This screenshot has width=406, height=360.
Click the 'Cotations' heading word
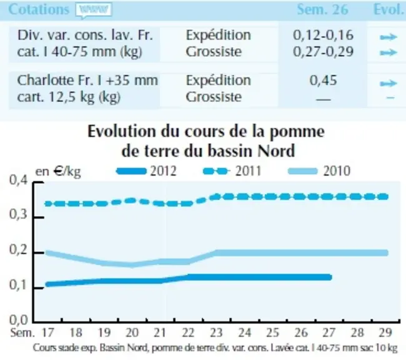[x=39, y=9]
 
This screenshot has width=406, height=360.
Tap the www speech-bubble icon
[x=94, y=11]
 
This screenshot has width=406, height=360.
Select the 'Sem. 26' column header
[x=322, y=9]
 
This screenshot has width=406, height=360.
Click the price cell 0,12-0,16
[x=323, y=35]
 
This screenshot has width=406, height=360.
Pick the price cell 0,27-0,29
[x=323, y=52]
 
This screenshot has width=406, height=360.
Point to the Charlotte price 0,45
[x=323, y=81]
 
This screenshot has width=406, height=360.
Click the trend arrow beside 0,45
[x=389, y=84]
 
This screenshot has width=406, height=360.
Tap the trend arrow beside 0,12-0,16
[x=389, y=37]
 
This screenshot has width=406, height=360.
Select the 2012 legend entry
[x=147, y=171]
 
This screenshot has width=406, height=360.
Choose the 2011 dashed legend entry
[x=232, y=171]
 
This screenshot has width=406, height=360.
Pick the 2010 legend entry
[x=319, y=171]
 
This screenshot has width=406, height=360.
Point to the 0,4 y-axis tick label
[x=18, y=180]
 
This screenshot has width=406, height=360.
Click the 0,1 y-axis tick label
[x=18, y=285]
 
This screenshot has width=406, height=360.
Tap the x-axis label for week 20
[x=132, y=332]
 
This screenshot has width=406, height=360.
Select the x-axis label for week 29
[x=385, y=332]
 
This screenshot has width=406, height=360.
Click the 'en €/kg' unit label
[x=58, y=172]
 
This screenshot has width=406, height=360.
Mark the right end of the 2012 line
[x=330, y=277]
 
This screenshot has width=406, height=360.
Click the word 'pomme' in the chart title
[x=297, y=132]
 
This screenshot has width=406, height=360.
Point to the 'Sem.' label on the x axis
[x=22, y=332]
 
